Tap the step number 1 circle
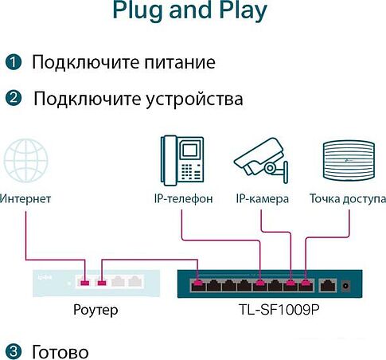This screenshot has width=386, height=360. tap(12, 62)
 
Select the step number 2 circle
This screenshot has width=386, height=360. tap(12, 99)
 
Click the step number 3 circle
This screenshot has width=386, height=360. tap(12, 351)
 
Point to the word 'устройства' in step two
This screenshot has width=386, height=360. tap(197, 99)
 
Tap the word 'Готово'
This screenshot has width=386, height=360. tap(60, 351)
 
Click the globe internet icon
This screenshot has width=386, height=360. tap(26, 162)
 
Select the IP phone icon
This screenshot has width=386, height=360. tap(182, 159)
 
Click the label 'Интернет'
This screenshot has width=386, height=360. tap(25, 198)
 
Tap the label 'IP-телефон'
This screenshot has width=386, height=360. tap(183, 198)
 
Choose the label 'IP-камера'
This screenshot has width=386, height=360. tap(262, 198)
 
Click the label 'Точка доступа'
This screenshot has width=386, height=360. tap(348, 198)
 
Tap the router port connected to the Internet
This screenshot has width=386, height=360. tap(84, 281)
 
